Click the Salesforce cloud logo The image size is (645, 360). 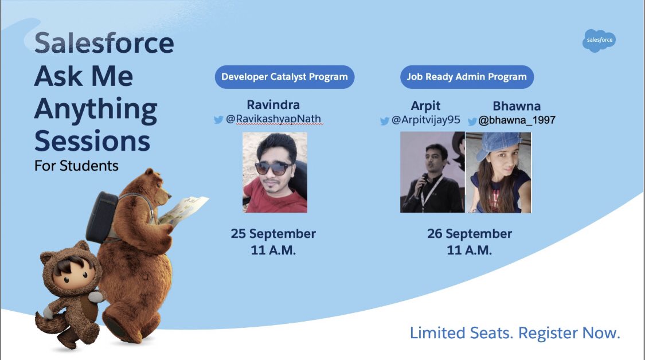(599, 41)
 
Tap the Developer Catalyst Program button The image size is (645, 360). (284, 77)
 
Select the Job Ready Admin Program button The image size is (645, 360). (467, 77)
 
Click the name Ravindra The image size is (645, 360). (273, 105)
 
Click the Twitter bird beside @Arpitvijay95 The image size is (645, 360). (385, 121)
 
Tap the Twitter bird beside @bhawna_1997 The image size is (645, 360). (472, 121)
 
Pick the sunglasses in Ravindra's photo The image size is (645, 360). (272, 168)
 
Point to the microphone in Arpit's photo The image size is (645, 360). (421, 182)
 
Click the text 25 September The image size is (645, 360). (273, 234)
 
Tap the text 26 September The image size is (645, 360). (469, 234)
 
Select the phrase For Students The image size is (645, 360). (76, 166)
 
